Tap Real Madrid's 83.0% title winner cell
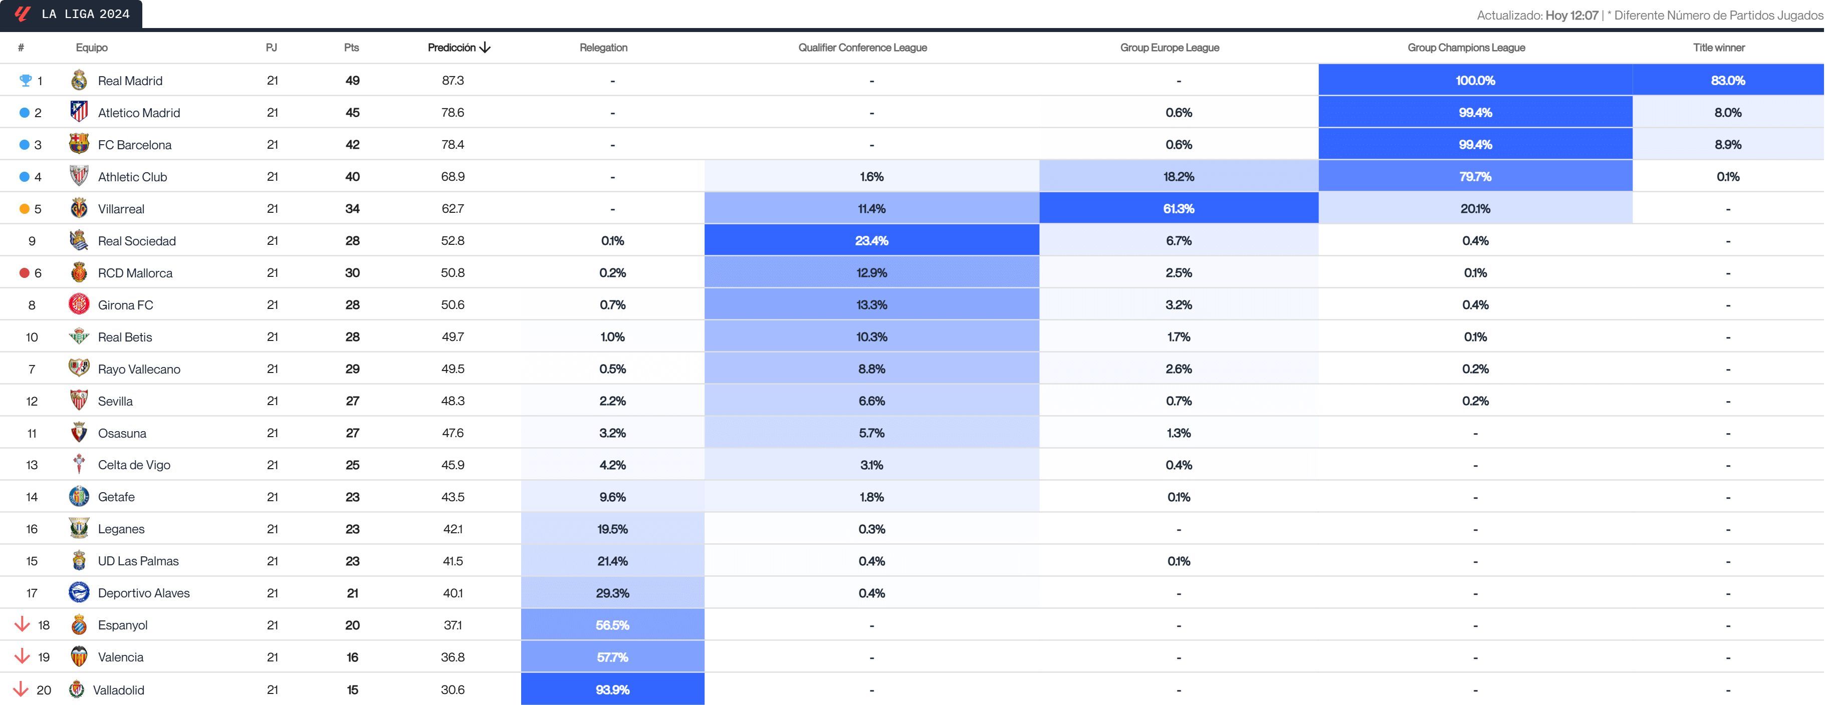[1727, 80]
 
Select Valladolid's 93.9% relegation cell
[612, 689]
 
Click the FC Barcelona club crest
[79, 144]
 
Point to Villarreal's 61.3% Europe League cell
[1178, 208]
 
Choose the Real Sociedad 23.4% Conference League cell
[871, 241]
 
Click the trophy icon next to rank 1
[26, 80]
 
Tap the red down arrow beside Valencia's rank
[22, 656]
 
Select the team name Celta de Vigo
[134, 465]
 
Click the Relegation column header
[603, 48]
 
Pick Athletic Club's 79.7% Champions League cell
[1475, 176]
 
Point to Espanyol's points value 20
[352, 625]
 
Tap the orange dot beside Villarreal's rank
[24, 209]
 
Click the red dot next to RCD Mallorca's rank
[24, 272]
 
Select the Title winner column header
[1719, 48]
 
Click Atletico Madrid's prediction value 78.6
[452, 112]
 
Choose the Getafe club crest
[79, 496]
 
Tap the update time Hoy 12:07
[1571, 15]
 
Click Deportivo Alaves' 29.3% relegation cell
[612, 593]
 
